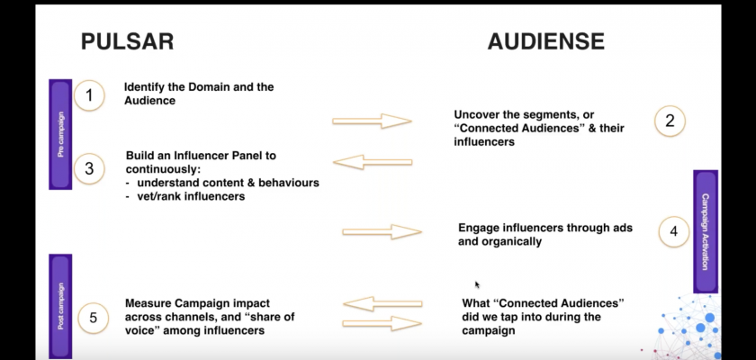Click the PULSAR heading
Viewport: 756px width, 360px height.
coord(127,42)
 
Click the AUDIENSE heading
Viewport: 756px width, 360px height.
coord(546,42)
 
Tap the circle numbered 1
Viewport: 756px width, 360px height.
coord(90,95)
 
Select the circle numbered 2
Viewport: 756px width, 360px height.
coord(670,121)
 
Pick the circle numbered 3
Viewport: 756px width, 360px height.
coord(90,168)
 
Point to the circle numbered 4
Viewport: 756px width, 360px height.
coord(673,231)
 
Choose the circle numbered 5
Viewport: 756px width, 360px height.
coord(94,316)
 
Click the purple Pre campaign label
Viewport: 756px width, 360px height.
coord(60,134)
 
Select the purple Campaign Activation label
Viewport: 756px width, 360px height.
coord(706,230)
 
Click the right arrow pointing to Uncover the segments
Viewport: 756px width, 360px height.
coord(372,121)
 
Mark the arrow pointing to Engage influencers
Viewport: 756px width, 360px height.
coord(382,232)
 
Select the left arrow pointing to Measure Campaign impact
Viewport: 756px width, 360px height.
coord(382,303)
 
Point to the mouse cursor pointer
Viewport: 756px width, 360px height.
coord(478,285)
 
